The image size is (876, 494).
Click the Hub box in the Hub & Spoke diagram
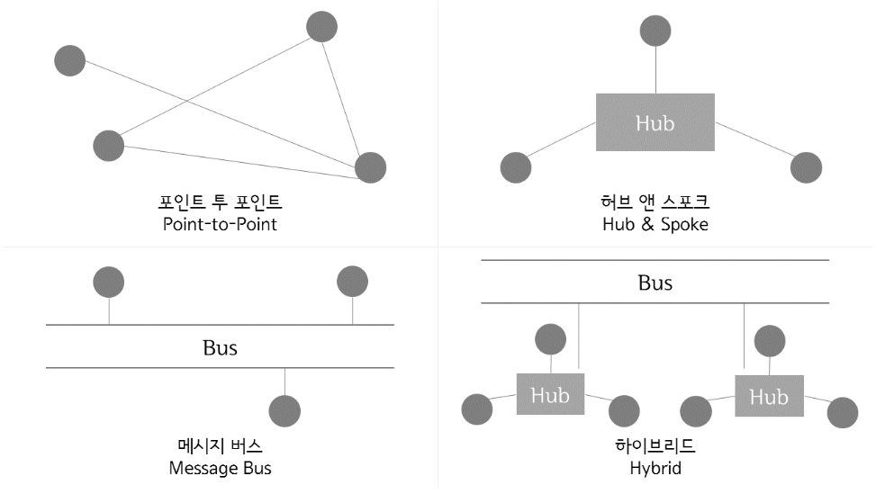655,122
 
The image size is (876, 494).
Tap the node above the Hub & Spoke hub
655,31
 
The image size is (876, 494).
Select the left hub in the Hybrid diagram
549,394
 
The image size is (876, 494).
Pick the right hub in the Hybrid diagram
768,396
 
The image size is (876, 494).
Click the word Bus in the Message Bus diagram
220,346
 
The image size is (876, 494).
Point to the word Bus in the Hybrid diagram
655,283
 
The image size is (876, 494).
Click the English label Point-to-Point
220,224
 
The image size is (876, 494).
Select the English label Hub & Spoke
655,224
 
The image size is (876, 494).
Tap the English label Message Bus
220,468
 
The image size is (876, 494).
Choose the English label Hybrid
655,468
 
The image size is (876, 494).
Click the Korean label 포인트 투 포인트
220,201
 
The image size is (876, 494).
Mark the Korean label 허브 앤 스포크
655,201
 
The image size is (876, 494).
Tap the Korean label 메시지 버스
220,445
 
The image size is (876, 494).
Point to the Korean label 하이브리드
655,445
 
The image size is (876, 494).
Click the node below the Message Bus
285,410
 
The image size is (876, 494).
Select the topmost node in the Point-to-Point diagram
321,26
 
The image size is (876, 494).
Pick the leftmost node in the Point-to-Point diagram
69,60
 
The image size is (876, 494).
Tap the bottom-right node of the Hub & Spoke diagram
806,167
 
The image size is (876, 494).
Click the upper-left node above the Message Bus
109,282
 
